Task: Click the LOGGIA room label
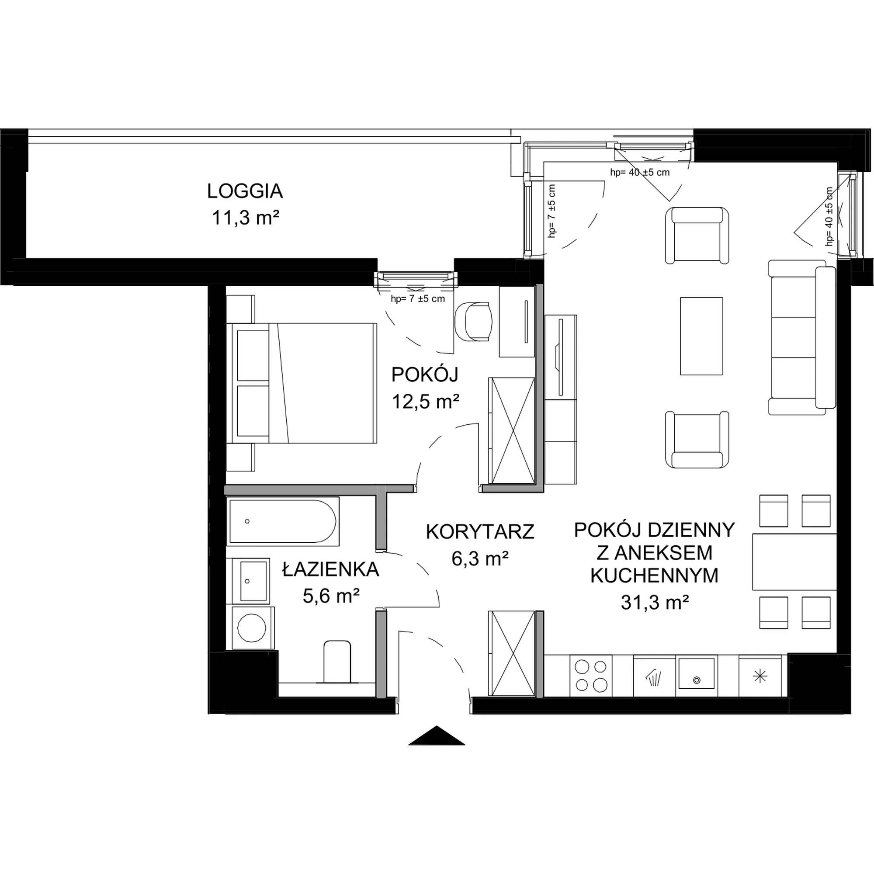pos(245,191)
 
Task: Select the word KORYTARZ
pos(480,531)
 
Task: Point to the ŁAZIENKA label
pos(331,569)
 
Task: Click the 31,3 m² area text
pos(655,602)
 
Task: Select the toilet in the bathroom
pos(337,661)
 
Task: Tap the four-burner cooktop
pos(590,676)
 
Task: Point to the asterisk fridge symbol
pos(760,676)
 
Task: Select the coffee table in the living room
pos(701,336)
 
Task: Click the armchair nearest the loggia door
pos(697,235)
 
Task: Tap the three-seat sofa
pos(801,336)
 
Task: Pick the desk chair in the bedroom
pos(473,322)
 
